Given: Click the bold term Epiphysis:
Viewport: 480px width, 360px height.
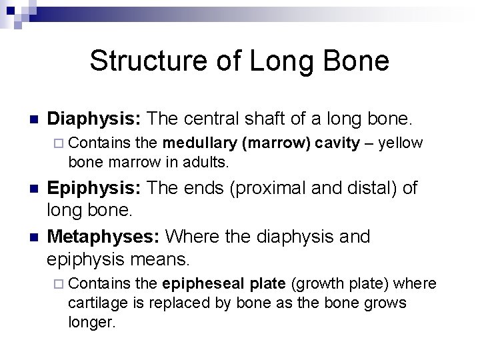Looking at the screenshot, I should tap(95, 188).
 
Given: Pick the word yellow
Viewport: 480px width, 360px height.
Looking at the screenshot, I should tap(400, 142).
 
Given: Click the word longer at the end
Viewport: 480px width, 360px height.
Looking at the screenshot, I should tap(92, 323).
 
